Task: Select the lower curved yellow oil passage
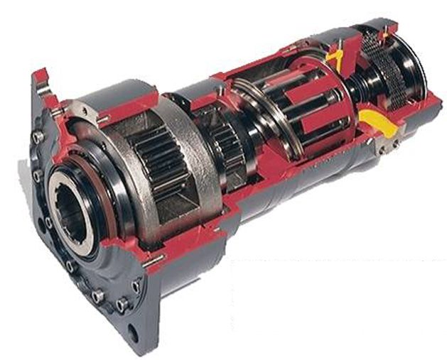370,118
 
